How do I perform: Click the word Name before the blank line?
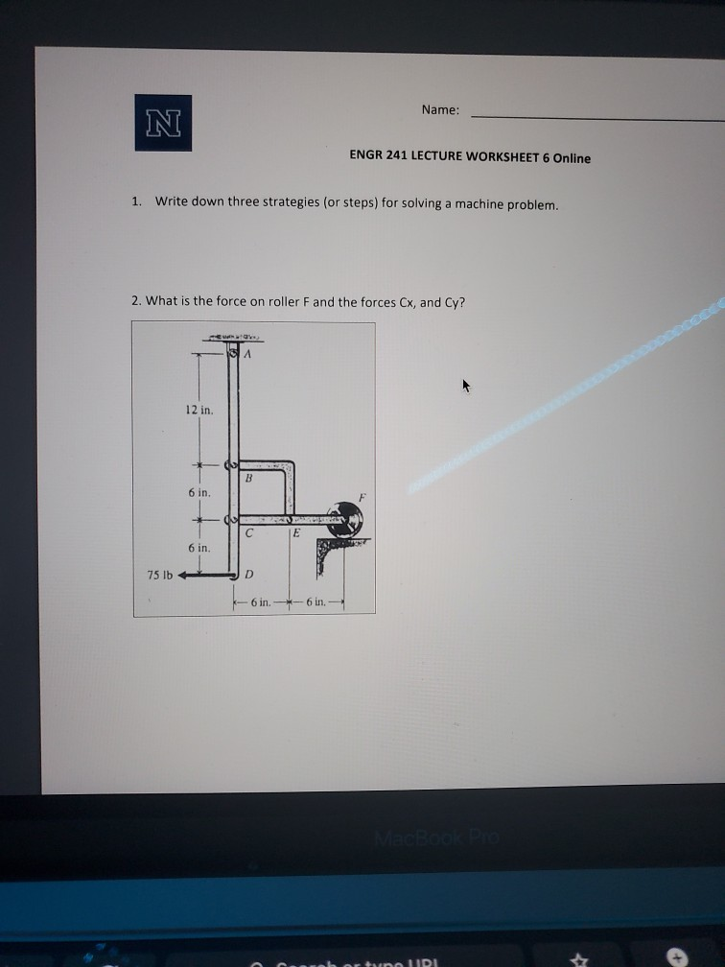[x=439, y=110]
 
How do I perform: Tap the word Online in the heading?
[x=571, y=158]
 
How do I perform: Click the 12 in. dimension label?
[x=199, y=410]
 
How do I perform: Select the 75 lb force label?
[x=159, y=575]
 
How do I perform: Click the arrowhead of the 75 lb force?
[x=182, y=576]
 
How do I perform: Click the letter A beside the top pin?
[x=248, y=354]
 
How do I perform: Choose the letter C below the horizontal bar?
[x=248, y=532]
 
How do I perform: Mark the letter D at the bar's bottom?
[x=248, y=575]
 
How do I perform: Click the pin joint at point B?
[x=229, y=465]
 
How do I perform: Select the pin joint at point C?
[x=229, y=520]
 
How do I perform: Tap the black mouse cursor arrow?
[x=466, y=387]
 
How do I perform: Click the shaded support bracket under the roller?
[x=331, y=552]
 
